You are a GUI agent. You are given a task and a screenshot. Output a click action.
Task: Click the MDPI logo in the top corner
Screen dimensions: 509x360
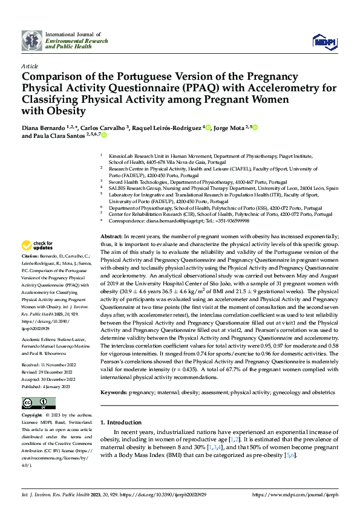pyautogui.click(x=321, y=41)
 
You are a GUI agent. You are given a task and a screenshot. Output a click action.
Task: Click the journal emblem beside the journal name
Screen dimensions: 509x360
pyautogui.click(x=33, y=41)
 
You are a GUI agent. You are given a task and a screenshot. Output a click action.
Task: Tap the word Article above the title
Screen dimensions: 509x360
pyautogui.click(x=29, y=66)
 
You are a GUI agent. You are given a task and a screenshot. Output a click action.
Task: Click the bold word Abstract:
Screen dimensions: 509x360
pyautogui.click(x=111, y=235)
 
